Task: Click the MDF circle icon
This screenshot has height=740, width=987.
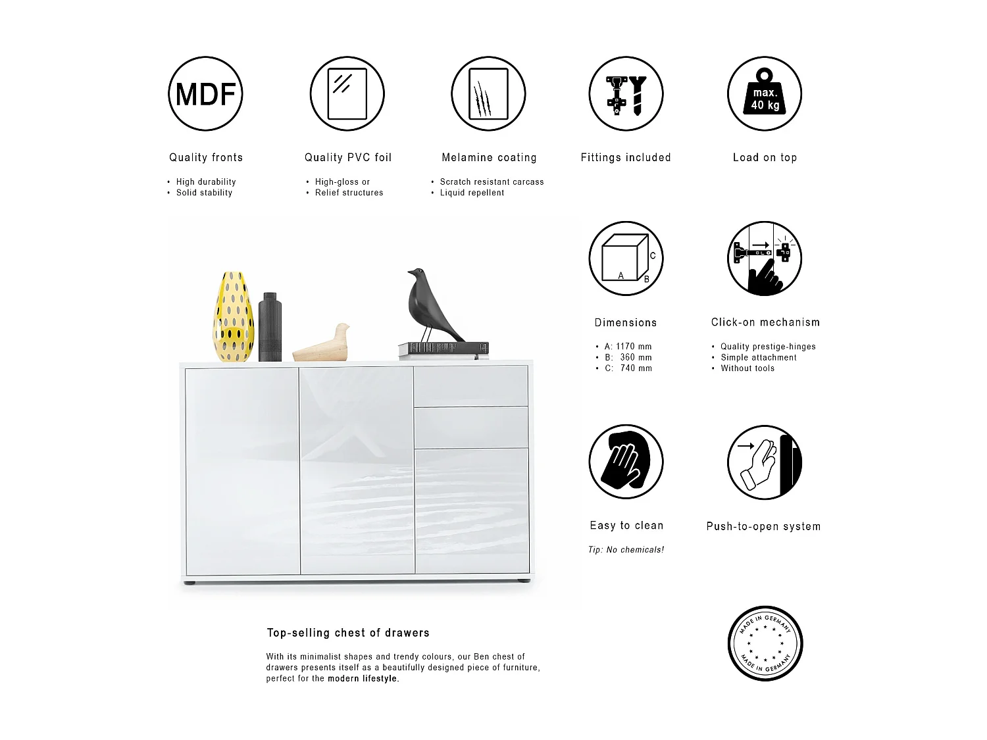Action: click(x=206, y=93)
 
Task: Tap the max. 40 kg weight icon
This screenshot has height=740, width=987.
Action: click(x=765, y=93)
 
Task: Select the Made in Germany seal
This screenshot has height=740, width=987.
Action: click(x=765, y=643)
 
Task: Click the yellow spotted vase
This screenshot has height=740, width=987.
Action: click(x=233, y=317)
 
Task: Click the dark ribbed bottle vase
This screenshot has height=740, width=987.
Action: click(x=270, y=328)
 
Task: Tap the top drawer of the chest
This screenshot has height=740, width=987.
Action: click(x=471, y=386)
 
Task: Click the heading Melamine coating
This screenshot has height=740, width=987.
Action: click(x=489, y=158)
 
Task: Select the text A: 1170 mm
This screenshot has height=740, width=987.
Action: click(x=628, y=347)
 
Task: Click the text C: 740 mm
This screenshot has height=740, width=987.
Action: click(x=628, y=368)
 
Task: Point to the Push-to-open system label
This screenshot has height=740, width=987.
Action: click(x=763, y=526)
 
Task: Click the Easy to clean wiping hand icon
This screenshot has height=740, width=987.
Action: click(x=626, y=462)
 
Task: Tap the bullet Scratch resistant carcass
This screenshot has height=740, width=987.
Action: click(x=492, y=182)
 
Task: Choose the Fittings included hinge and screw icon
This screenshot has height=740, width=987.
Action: click(x=626, y=93)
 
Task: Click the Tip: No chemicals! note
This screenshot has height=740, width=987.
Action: click(x=626, y=550)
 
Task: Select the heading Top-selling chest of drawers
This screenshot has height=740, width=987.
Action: click(x=348, y=633)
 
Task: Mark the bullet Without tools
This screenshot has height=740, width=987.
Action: click(x=747, y=368)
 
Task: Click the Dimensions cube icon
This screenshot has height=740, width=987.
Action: click(x=626, y=259)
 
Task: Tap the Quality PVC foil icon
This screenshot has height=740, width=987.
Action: click(x=347, y=93)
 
